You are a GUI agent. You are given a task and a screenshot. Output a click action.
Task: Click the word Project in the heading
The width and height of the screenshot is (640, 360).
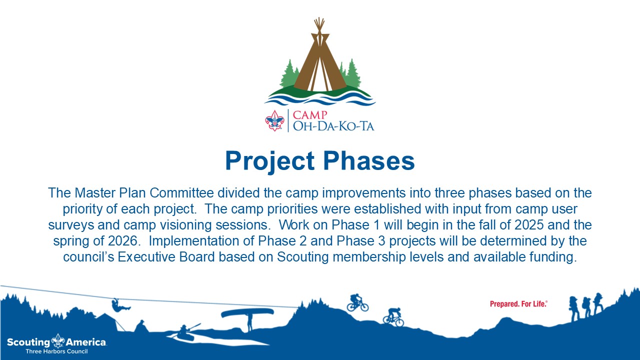(270, 161)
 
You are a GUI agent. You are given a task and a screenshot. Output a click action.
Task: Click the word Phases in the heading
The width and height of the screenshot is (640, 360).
(369, 160)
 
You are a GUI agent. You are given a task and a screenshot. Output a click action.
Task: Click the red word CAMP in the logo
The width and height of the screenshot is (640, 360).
(310, 115)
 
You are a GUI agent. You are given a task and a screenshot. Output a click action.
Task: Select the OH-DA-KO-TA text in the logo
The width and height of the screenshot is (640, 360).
(333, 126)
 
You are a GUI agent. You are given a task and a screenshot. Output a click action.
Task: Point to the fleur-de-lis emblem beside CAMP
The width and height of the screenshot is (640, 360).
(274, 120)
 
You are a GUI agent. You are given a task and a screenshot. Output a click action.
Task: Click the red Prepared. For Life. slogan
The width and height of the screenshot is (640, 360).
(518, 303)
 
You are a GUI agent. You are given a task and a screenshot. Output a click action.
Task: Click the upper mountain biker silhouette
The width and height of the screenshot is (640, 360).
(357, 303)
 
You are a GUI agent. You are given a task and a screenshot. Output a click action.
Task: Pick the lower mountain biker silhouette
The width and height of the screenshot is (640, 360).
(393, 317)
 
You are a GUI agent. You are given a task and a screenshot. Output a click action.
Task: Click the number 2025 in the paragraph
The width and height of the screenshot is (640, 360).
(529, 225)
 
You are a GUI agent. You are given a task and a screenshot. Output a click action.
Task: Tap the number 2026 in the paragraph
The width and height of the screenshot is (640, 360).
(123, 241)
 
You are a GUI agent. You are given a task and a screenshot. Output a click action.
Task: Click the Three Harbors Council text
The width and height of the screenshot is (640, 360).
(56, 351)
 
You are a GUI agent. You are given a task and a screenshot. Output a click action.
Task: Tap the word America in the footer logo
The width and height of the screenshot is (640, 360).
(86, 342)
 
